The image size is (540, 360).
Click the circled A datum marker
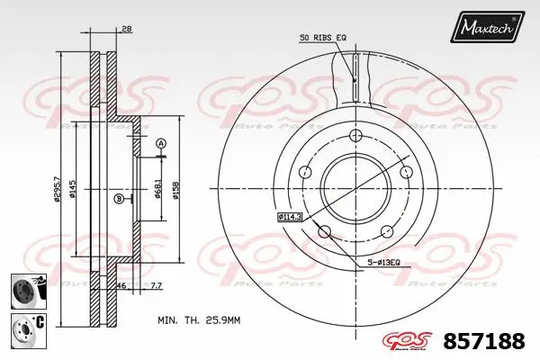(160, 143)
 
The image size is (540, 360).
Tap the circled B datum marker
(119, 199)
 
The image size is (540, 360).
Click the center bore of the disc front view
(353, 188)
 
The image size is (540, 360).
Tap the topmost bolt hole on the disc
(355, 137)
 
